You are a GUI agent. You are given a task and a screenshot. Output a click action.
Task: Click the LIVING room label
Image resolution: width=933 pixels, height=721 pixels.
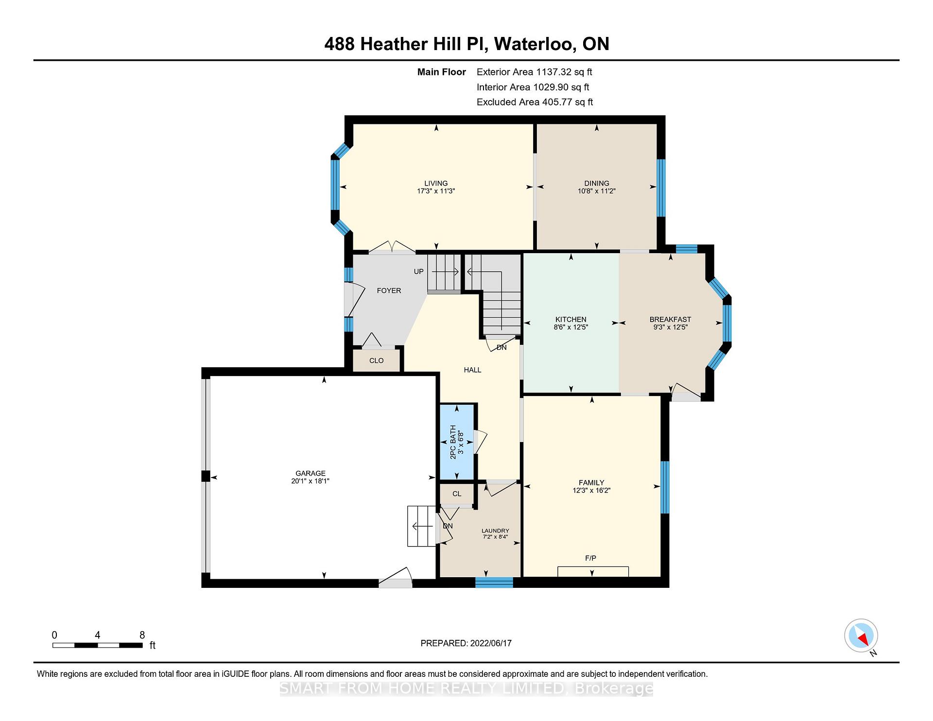click(x=436, y=183)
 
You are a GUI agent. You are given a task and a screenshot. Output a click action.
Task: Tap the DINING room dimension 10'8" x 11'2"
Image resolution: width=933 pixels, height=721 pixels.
click(x=597, y=191)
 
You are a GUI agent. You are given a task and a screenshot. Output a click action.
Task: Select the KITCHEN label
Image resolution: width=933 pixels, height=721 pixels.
click(x=571, y=319)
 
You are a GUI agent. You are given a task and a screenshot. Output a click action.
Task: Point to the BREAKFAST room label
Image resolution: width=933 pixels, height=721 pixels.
click(x=670, y=319)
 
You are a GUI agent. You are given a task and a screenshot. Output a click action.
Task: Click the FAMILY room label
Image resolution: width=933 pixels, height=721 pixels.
click(x=591, y=482)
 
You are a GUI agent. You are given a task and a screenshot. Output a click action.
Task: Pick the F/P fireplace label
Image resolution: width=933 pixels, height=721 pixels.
click(x=590, y=558)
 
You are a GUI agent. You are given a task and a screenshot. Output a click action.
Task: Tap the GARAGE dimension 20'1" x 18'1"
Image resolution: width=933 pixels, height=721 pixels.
click(x=311, y=481)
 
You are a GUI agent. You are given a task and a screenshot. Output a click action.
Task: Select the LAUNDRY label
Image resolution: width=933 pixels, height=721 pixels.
click(x=495, y=531)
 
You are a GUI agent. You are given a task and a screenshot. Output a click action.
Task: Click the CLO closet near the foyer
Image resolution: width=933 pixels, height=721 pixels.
click(x=377, y=360)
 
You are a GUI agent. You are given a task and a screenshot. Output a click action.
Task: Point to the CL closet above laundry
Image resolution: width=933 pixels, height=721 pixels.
click(x=457, y=494)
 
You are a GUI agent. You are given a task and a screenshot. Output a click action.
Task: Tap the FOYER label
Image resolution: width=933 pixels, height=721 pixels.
click(x=389, y=291)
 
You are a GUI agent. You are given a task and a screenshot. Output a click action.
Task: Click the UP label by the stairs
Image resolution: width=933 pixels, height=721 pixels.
click(x=418, y=272)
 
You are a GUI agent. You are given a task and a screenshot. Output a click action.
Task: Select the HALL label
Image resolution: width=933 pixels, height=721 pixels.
click(x=472, y=370)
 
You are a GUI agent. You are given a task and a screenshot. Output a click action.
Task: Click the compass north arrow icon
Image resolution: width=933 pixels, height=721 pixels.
click(x=861, y=635)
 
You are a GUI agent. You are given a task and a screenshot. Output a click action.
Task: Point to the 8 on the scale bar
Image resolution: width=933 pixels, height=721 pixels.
click(x=142, y=635)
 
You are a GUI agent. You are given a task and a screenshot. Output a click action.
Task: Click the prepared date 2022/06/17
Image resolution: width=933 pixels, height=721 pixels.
click(x=491, y=643)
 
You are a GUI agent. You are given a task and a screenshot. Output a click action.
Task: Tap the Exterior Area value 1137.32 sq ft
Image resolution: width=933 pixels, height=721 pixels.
click(x=564, y=72)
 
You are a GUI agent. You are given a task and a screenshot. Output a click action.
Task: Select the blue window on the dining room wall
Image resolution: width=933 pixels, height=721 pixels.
click(x=661, y=188)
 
